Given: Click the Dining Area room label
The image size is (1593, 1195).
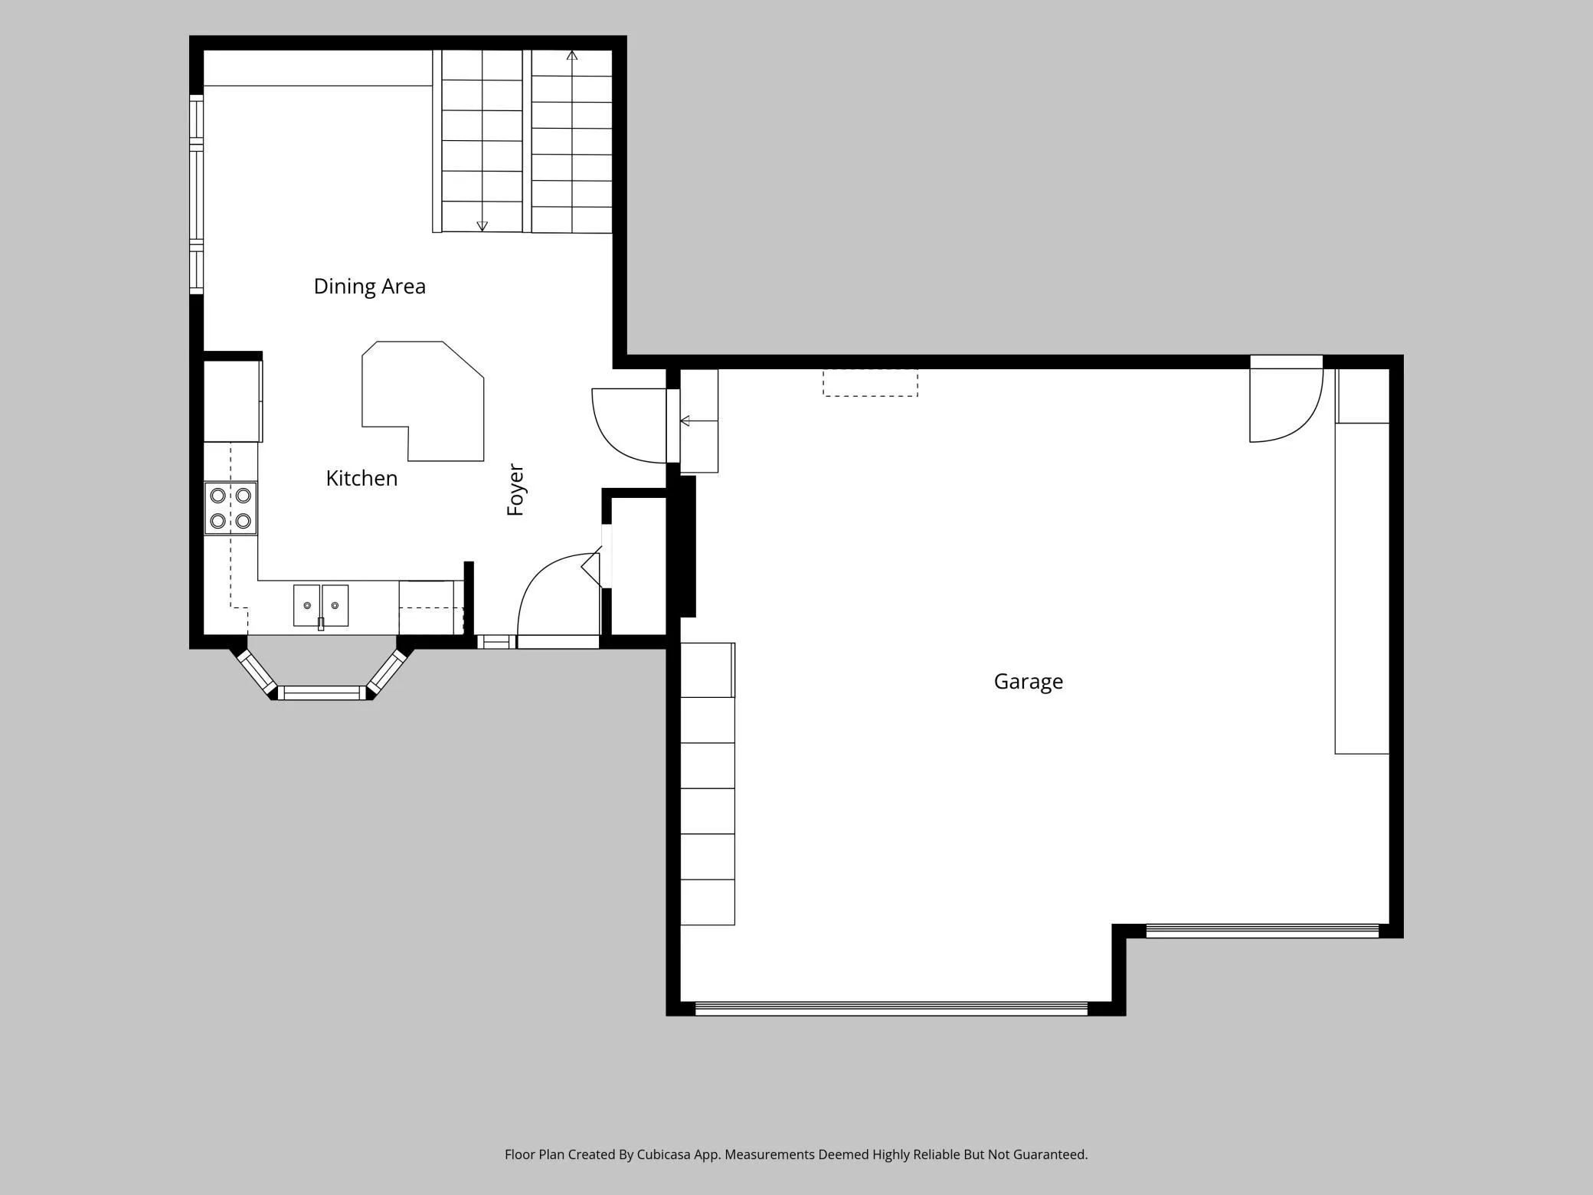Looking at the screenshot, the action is (369, 286).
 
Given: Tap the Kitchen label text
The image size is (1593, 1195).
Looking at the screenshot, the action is (361, 478).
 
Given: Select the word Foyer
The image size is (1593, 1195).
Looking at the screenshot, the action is (515, 489).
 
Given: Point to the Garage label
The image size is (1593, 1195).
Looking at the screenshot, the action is (1028, 682).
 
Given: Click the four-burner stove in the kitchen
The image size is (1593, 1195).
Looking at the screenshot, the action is (231, 508).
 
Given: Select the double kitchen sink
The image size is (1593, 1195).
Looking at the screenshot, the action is (321, 606).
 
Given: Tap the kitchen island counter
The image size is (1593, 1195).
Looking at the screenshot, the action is (424, 401).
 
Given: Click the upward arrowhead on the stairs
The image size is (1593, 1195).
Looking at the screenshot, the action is (572, 55).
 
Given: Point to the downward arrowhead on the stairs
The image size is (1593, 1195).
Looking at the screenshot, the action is (482, 226).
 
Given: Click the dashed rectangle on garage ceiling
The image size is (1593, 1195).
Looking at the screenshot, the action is (870, 383).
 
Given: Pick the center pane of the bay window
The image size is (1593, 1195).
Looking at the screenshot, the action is (322, 693).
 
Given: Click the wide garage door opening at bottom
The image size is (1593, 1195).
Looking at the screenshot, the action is (891, 1008).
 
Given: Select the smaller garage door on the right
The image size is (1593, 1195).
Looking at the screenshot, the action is (1262, 931).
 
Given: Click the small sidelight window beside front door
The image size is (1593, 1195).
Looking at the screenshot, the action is (496, 642).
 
